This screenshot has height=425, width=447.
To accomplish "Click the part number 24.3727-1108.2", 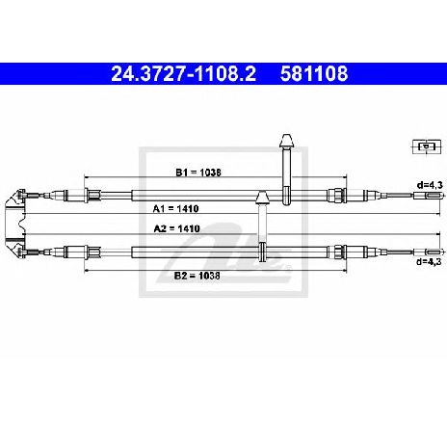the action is point(183,73).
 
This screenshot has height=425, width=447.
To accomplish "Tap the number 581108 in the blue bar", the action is point(314,73).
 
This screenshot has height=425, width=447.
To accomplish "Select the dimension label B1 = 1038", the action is point(198,173).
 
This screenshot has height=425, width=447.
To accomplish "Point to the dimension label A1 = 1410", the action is point(175,209).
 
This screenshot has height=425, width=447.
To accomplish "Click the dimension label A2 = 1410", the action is point(176,228).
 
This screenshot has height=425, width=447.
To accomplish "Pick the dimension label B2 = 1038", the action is point(197,276).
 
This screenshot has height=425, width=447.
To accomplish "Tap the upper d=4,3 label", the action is point(430,185).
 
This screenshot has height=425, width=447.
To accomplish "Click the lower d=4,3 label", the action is point(430,261).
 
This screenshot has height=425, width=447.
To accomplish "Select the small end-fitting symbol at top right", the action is point(427,146).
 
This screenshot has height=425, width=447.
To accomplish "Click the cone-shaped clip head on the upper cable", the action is point(286,141).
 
